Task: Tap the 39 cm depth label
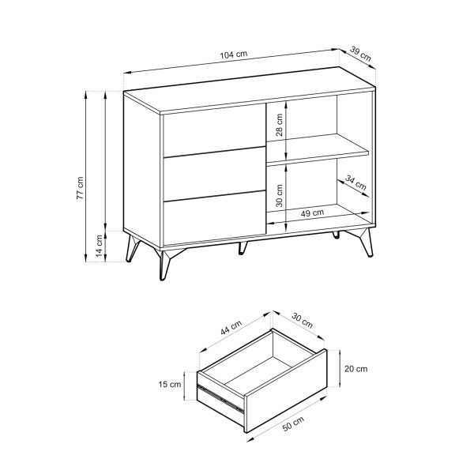[x=361, y=55]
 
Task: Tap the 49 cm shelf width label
[x=313, y=213]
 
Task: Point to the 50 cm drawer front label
[x=293, y=427]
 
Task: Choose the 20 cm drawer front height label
[x=357, y=368]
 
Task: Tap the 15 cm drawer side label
[x=170, y=384]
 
